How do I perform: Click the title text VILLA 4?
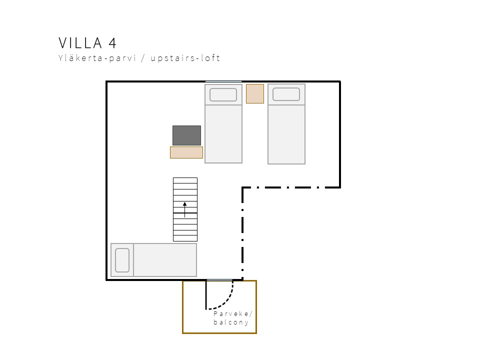pos(87,43)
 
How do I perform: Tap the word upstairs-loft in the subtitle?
pos(185,58)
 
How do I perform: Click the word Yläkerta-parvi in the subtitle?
pos(97,58)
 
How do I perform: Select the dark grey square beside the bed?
pos(186,135)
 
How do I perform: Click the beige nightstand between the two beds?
pos(255,93)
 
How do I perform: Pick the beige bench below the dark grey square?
pos(186,152)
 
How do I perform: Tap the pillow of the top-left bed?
pos(223,94)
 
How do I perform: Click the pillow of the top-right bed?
pos(286,94)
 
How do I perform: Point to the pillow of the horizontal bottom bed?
pos(122,260)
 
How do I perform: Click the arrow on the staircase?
pos(184,209)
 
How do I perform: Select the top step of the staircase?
pos(185,180)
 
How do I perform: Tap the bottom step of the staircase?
pos(185,238)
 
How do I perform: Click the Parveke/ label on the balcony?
pos(233,314)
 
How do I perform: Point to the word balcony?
pos(231,322)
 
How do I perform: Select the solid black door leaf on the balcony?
pos(206,295)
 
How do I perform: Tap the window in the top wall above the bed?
pos(223,81)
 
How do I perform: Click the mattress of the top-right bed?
pos(286,134)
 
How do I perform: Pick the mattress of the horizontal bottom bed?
pos(165,260)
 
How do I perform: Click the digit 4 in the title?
pos(112,43)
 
